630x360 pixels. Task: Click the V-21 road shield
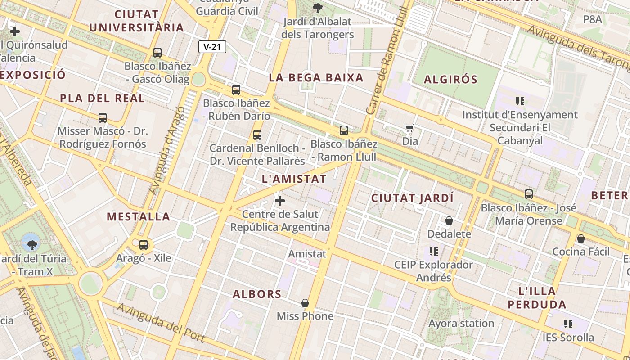[x=212, y=47]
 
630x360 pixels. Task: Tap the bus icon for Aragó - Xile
[x=144, y=245]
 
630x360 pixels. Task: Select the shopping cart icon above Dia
[x=409, y=128]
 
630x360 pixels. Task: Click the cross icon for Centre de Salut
[x=280, y=201]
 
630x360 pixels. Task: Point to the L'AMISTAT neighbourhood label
[x=294, y=179]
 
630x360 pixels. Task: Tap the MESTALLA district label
[x=139, y=216]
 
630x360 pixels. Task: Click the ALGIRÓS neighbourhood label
[x=450, y=79]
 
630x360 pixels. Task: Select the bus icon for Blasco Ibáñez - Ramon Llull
[x=344, y=130]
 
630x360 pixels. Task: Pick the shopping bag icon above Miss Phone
[x=305, y=303]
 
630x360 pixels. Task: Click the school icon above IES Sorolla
[x=568, y=324]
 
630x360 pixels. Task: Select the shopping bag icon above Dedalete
[x=449, y=220]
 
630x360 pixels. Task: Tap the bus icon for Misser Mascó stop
[x=103, y=118]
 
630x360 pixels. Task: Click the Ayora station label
[x=461, y=323]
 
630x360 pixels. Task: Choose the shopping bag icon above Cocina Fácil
[x=581, y=238]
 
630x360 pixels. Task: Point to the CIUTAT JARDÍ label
[x=412, y=198]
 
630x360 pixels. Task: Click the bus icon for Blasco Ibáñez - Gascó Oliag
[x=157, y=52]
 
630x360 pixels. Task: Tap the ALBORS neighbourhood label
[x=257, y=294]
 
